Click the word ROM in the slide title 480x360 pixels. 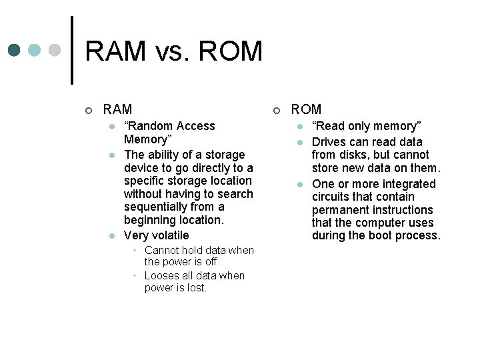[229, 51]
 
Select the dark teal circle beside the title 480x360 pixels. [15, 51]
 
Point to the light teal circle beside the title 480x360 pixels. [35, 51]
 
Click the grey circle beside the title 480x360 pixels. [55, 51]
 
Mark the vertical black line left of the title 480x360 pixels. [72, 50]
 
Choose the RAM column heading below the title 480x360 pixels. [118, 109]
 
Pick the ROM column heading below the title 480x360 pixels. [306, 109]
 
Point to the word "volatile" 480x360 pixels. [171, 235]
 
